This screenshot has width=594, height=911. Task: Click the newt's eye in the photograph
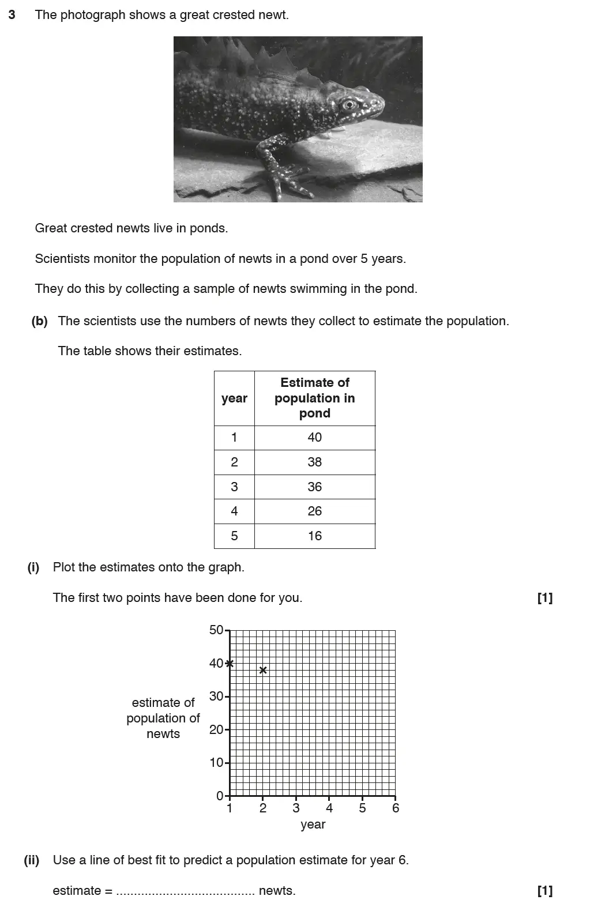click(x=348, y=104)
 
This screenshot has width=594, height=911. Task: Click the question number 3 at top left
click(x=12, y=15)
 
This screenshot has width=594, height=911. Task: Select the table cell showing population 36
click(x=314, y=487)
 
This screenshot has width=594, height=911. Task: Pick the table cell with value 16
click(x=314, y=536)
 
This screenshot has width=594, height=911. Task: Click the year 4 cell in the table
click(x=234, y=511)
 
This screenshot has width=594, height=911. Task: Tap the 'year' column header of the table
click(x=234, y=398)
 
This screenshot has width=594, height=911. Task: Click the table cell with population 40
click(x=314, y=437)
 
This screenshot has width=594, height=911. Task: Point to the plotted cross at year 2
click(x=263, y=669)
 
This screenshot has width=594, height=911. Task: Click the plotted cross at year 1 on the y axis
click(x=230, y=663)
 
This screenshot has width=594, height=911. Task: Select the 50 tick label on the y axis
click(x=216, y=630)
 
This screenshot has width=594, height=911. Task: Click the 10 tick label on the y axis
click(x=216, y=763)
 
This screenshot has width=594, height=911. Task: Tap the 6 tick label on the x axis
click(x=396, y=808)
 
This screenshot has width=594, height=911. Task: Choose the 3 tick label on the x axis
click(x=296, y=808)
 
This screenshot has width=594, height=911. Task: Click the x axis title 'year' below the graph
click(x=313, y=825)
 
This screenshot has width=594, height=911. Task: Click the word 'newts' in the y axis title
click(x=163, y=734)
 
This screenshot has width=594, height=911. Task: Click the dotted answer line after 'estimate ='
click(x=185, y=891)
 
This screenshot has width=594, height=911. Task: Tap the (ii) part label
click(x=31, y=860)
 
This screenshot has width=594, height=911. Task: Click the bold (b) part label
click(x=39, y=321)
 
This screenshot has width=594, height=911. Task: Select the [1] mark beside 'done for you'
click(x=544, y=598)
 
